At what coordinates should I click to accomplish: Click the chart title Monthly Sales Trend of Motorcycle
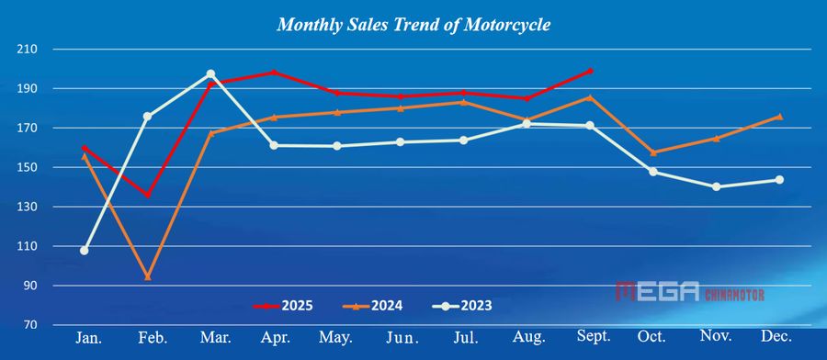(x=413, y=25)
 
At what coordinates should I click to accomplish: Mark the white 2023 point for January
(x=85, y=250)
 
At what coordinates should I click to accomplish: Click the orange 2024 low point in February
(x=148, y=276)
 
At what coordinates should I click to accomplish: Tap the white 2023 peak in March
(x=210, y=73)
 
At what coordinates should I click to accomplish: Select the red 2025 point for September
(x=590, y=71)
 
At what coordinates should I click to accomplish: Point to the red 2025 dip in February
(x=148, y=195)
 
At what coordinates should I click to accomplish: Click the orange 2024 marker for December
(x=779, y=117)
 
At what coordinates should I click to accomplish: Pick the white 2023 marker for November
(x=716, y=186)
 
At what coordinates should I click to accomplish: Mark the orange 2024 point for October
(x=653, y=152)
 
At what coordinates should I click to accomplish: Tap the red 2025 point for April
(x=274, y=72)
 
